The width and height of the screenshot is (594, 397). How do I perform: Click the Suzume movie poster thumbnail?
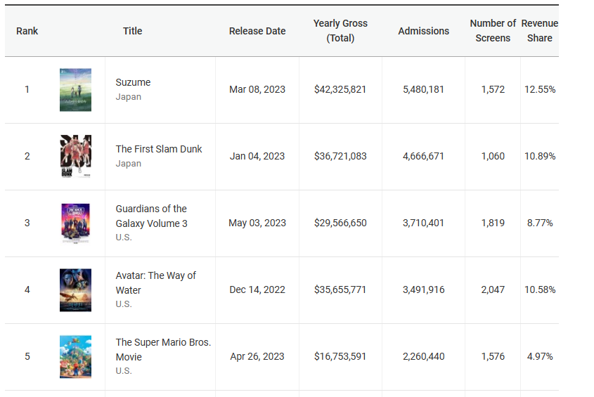tap(75, 90)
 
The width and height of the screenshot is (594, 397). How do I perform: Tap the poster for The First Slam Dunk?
tap(75, 156)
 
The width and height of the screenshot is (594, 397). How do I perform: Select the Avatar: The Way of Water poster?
tap(75, 289)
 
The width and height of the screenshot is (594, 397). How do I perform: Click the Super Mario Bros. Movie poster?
tap(75, 356)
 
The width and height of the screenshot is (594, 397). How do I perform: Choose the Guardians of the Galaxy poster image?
tap(75, 223)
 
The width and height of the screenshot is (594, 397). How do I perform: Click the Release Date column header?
tap(257, 31)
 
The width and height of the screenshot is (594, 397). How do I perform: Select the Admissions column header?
tap(423, 31)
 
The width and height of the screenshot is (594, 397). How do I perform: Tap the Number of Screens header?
tap(493, 31)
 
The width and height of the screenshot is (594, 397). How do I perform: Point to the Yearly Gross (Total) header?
tap(340, 31)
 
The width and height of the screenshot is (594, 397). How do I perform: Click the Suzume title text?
tap(133, 82)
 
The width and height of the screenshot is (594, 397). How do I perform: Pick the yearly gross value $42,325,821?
tap(340, 89)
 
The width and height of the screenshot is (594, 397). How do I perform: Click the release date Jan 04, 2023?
tap(257, 156)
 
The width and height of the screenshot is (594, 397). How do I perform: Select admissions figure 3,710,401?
tap(423, 223)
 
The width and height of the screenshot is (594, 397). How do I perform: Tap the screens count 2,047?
tap(493, 289)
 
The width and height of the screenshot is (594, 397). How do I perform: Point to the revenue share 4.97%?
tap(540, 356)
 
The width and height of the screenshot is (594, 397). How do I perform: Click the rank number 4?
tap(27, 289)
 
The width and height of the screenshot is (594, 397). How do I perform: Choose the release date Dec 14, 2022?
tap(257, 289)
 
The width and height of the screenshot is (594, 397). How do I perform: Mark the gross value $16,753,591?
tap(340, 356)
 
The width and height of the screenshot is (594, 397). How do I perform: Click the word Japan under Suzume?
tap(129, 97)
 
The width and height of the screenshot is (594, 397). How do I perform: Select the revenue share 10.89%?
tap(540, 156)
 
